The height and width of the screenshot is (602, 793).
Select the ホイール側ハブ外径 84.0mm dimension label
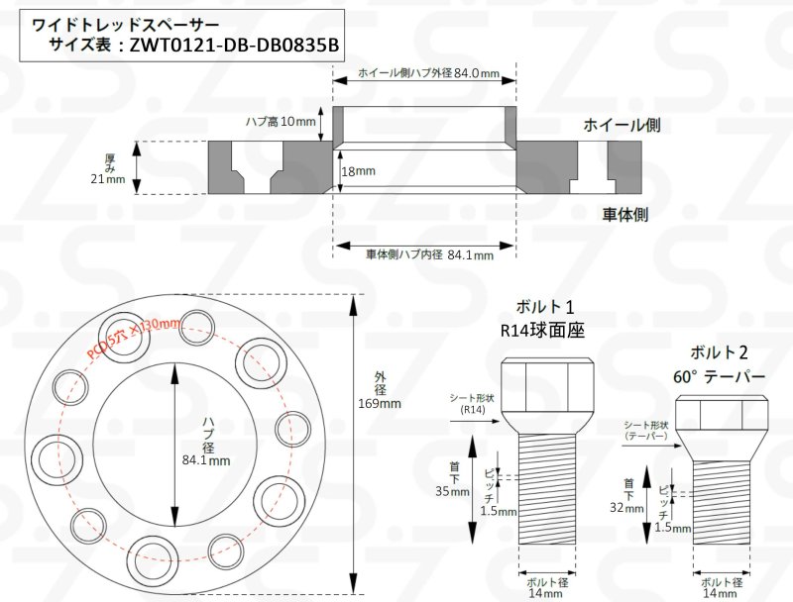click(x=427, y=73)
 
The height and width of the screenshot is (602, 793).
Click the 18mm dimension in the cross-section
click(x=358, y=170)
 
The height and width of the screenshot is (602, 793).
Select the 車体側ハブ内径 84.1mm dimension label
click(x=429, y=254)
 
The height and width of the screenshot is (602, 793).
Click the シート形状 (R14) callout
click(x=472, y=401)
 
